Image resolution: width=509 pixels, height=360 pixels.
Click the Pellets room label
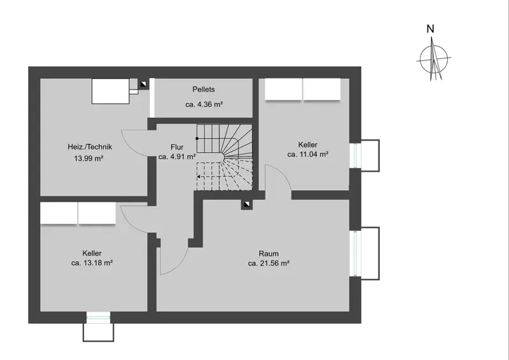click(204, 89)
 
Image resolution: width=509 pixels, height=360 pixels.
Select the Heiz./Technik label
click(90, 147)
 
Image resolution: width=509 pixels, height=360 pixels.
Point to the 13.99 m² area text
click(88, 158)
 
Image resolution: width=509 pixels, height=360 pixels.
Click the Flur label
click(177, 147)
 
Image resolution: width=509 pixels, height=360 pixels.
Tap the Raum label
click(268, 254)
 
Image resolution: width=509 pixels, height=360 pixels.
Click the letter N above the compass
click(430, 29)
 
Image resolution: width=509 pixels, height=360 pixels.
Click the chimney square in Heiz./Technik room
click(143, 84)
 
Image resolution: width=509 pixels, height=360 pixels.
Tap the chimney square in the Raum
click(247, 204)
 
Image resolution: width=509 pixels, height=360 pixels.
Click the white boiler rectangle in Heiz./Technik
click(110, 91)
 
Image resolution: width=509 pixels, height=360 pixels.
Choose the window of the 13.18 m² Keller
click(98, 317)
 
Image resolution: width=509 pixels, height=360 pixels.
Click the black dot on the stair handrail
click(197, 139)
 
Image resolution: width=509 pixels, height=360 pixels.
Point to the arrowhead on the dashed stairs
click(199, 177)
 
